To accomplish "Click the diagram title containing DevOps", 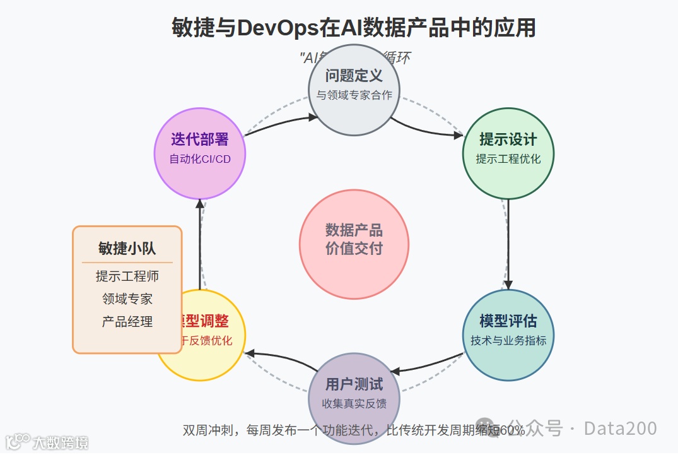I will (x=353, y=28).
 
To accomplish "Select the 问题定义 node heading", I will (x=354, y=76).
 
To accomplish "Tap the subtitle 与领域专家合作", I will (x=354, y=95).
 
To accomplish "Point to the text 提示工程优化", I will (x=508, y=159).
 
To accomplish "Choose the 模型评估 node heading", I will (x=508, y=321).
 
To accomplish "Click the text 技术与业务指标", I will (x=508, y=341).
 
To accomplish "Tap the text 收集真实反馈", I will (x=354, y=404).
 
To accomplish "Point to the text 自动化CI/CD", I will (x=199, y=159).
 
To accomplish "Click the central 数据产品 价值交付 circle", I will (x=354, y=244).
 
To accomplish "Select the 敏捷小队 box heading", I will (x=127, y=248).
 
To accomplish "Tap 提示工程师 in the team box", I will (x=127, y=276).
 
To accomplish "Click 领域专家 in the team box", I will (x=127, y=298).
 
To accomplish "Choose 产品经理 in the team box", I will (x=127, y=321).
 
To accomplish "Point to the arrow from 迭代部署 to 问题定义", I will (x=281, y=123).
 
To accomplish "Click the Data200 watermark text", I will (x=620, y=428).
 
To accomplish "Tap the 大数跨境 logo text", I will (x=60, y=442).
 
